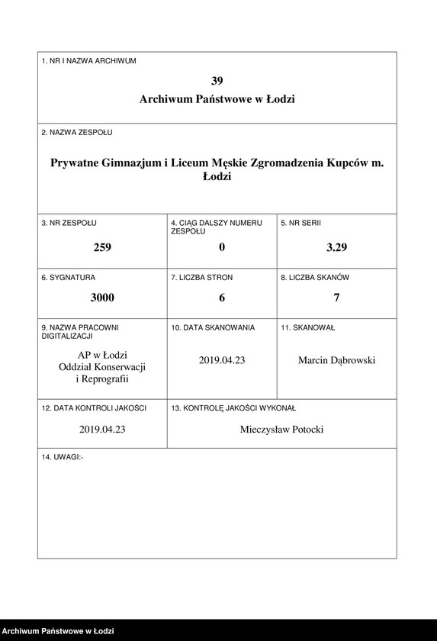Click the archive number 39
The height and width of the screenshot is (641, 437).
(x=217, y=80)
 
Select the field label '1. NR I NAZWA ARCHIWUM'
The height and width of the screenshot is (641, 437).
(x=89, y=61)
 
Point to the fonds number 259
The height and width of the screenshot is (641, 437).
(x=102, y=246)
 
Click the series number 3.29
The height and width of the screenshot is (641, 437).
(x=336, y=246)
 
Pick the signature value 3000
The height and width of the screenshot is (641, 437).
(x=102, y=297)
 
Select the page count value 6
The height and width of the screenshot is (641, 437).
(x=222, y=297)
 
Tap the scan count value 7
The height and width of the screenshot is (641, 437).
(x=336, y=297)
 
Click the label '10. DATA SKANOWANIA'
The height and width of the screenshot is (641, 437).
(x=213, y=327)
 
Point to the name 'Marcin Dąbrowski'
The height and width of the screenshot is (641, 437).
(x=336, y=360)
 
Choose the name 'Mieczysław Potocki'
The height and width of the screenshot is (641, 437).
(x=281, y=430)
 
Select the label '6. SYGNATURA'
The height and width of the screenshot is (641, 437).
(x=69, y=278)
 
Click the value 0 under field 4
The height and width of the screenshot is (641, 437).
(x=222, y=246)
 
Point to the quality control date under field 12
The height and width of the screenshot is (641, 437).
(x=102, y=430)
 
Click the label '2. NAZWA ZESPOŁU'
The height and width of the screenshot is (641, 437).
(x=77, y=132)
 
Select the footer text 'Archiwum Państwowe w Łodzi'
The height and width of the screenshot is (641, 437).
(x=58, y=631)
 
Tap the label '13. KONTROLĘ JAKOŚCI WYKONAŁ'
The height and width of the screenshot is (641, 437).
(x=233, y=409)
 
